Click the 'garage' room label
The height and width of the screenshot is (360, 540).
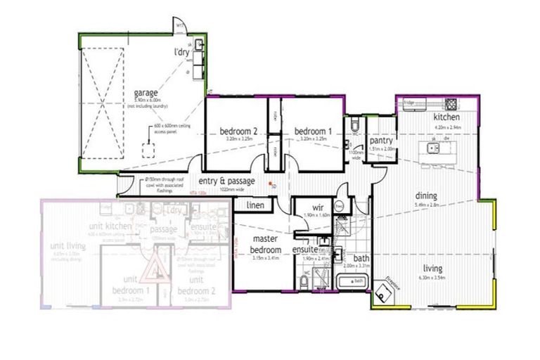point(146,92)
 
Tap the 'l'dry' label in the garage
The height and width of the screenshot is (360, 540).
point(184,53)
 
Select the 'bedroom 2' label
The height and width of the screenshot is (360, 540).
point(237,131)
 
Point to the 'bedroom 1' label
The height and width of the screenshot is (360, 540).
point(312,131)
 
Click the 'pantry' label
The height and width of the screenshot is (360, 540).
point(380,141)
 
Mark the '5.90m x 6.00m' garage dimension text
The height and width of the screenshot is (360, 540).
point(146,100)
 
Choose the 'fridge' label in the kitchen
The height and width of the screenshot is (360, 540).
point(409,103)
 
